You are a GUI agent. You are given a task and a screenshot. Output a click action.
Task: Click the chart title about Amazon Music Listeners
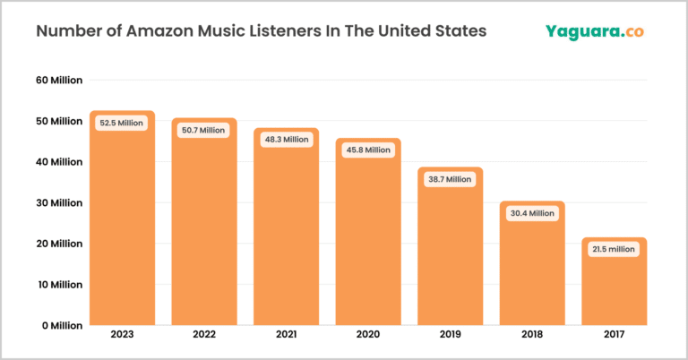click(x=261, y=31)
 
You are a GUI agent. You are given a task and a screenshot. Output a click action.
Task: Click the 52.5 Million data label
click(x=122, y=123)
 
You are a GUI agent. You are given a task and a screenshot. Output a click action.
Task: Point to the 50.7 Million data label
click(x=203, y=130)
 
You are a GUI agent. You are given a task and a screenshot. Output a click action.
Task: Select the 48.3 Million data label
click(x=286, y=140)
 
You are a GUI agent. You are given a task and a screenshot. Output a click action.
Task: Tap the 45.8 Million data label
click(x=367, y=150)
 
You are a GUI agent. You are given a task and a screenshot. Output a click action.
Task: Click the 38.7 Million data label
click(x=450, y=179)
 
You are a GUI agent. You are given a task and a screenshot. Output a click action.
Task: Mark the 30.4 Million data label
click(x=531, y=213)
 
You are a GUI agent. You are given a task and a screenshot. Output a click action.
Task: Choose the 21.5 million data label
click(x=614, y=249)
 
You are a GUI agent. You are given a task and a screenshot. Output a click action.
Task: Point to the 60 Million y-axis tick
click(x=59, y=80)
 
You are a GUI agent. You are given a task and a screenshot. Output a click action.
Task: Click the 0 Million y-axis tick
click(x=62, y=325)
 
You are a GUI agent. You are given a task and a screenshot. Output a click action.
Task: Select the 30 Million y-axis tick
click(x=59, y=202)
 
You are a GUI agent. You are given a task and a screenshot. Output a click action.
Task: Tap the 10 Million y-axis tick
click(x=60, y=285)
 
